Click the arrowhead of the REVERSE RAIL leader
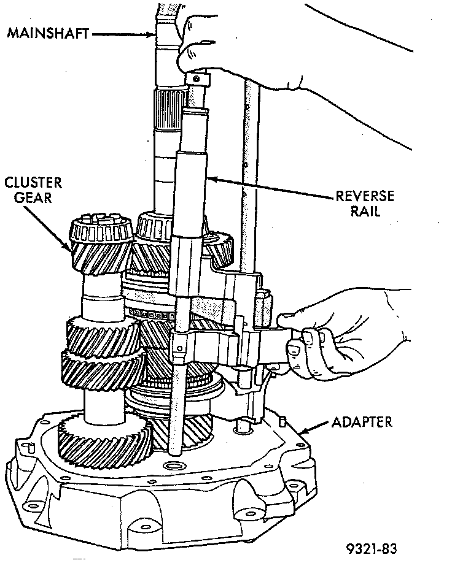click(x=209, y=178)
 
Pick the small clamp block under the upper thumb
click(x=198, y=79)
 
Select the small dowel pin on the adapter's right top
click(x=283, y=421)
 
